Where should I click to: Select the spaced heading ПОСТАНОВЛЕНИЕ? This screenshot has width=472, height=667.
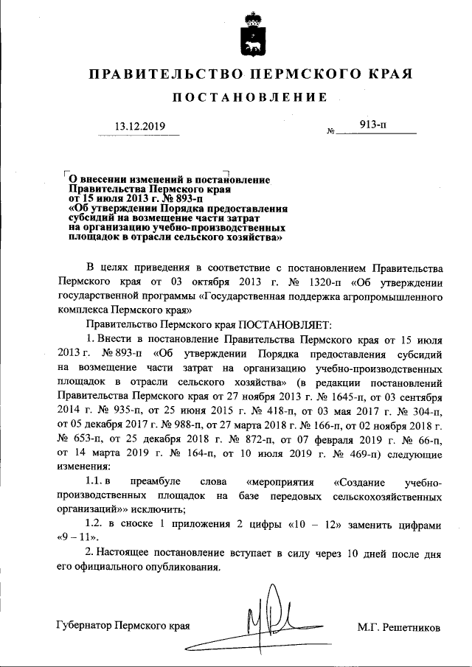250,98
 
